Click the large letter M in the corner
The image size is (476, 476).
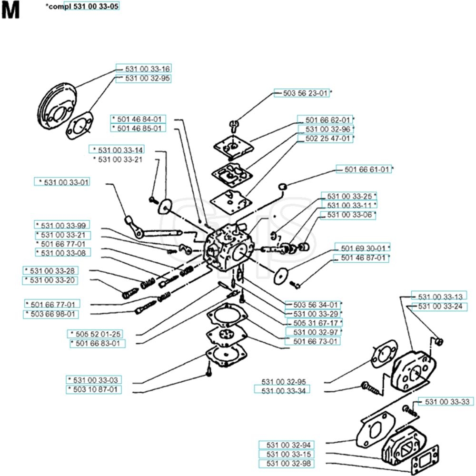[x=10, y=10]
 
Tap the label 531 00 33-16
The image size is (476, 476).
[x=143, y=69]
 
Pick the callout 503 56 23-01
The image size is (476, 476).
[x=301, y=94]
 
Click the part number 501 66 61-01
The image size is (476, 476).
[x=364, y=169]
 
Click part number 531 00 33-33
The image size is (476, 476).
[x=446, y=402]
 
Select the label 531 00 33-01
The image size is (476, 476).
[x=64, y=182]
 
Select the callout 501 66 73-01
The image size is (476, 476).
[x=312, y=341]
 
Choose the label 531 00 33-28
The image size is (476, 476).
[x=50, y=270]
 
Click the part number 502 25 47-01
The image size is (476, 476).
[x=325, y=139]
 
